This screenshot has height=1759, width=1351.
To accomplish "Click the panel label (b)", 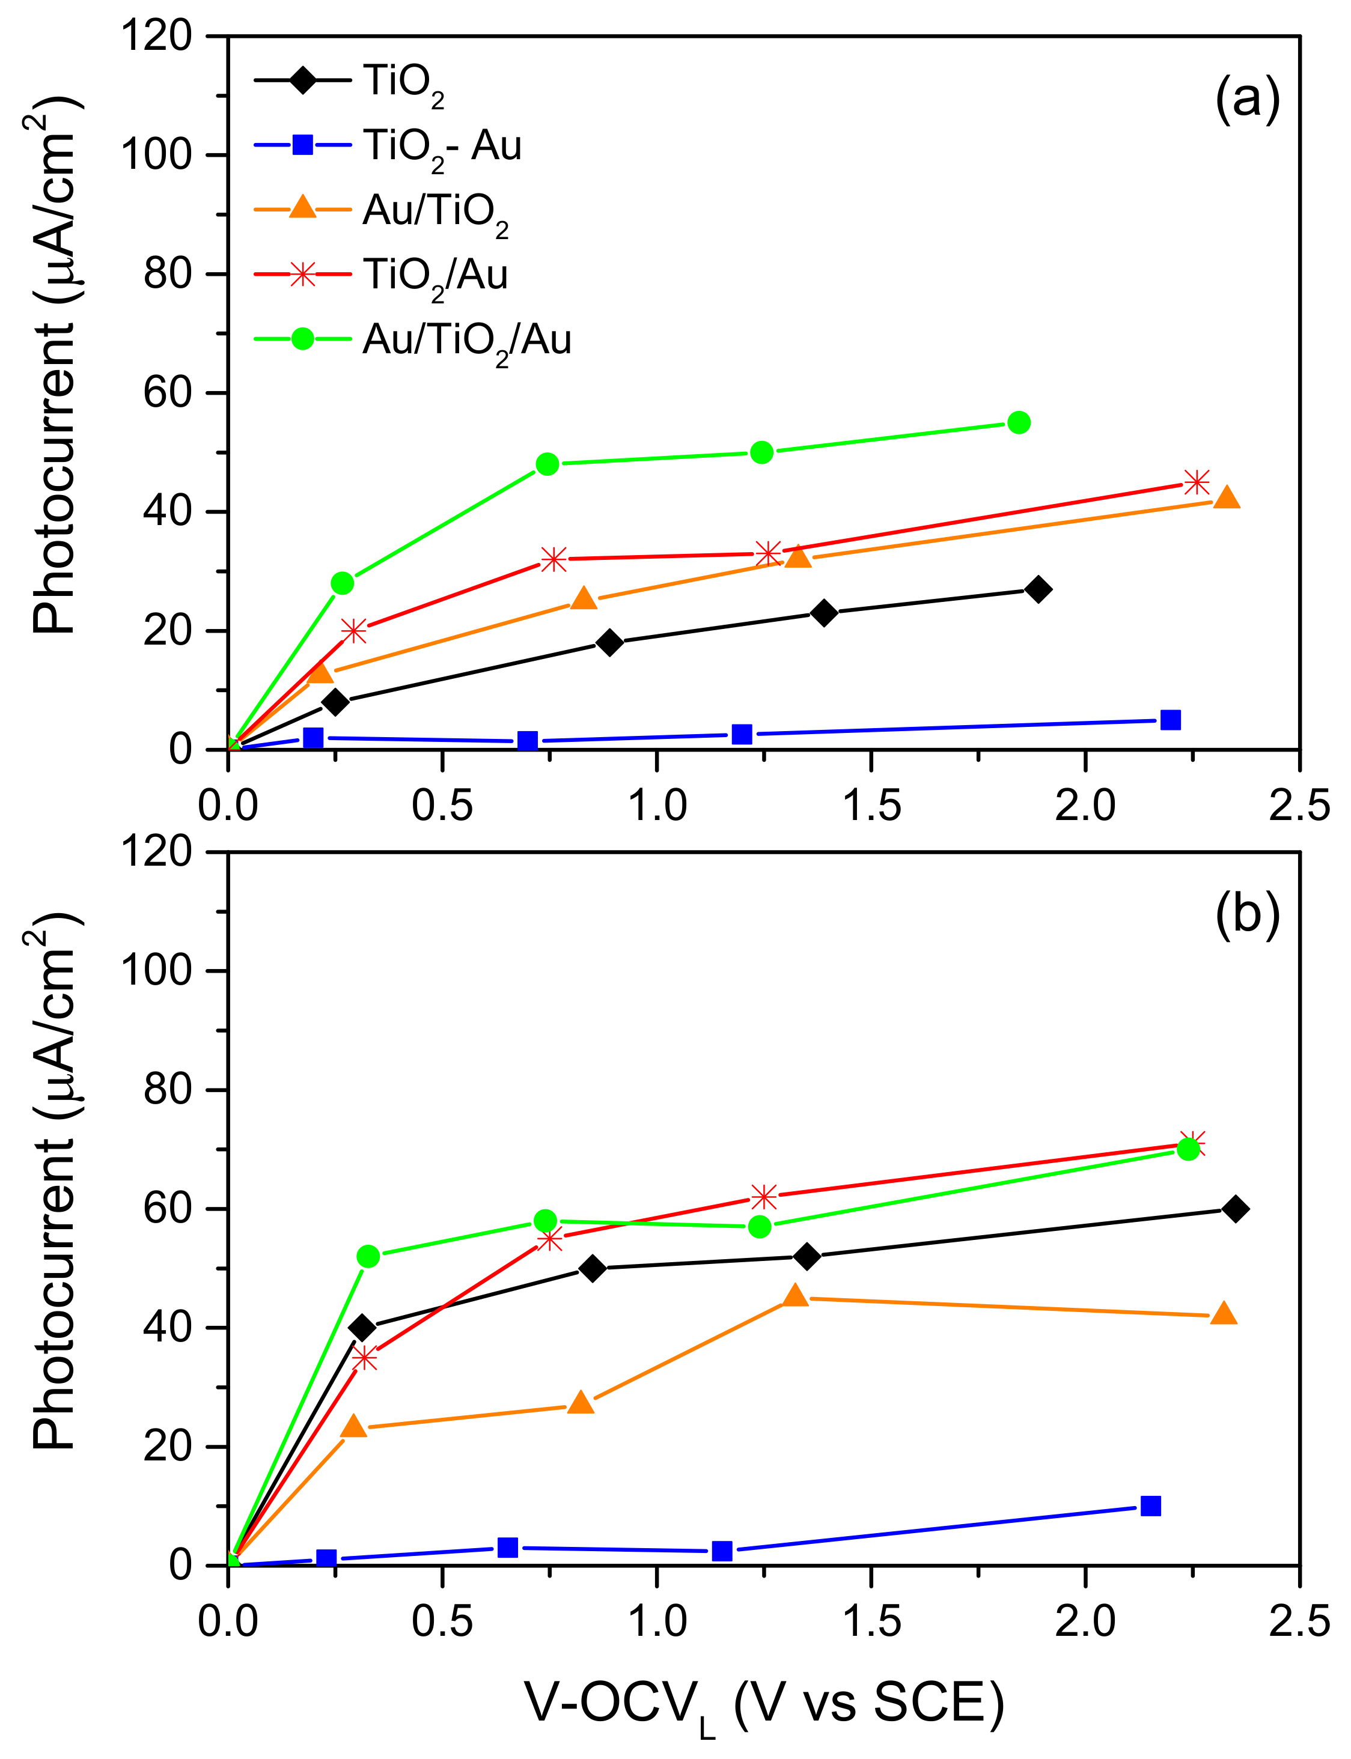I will [x=1246, y=914].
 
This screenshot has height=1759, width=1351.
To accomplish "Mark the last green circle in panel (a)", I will [x=1019, y=423].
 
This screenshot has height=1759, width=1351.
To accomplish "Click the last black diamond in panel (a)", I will [x=1038, y=589].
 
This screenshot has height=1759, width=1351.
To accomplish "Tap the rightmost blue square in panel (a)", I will [x=1171, y=720].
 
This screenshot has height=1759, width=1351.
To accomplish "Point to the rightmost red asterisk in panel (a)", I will [x=1197, y=482].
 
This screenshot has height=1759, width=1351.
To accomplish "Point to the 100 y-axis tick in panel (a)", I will [x=157, y=154].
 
